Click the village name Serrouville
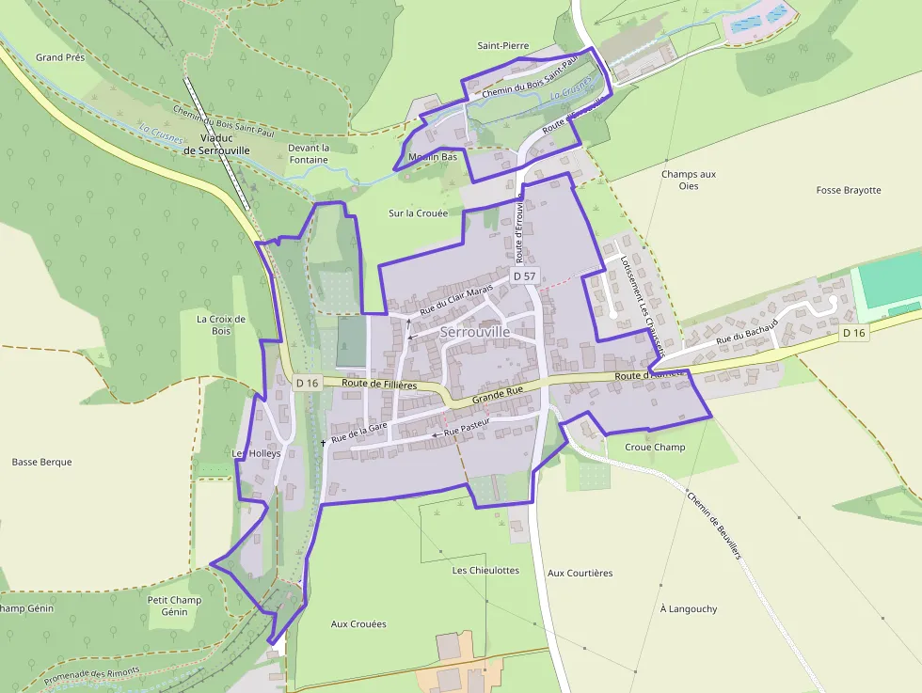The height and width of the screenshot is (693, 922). tap(475, 332)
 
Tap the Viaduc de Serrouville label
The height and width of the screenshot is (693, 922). tap(216, 144)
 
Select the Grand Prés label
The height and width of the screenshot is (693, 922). tap(60, 57)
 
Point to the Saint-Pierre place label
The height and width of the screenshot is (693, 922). tap(503, 45)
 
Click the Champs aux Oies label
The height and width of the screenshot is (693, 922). tap(689, 180)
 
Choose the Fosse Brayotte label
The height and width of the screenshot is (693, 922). tap(849, 190)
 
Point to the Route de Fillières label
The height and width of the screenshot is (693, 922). tap(379, 384)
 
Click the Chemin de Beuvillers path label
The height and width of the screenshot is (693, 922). tap(714, 526)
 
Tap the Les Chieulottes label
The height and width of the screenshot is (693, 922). tap(485, 570)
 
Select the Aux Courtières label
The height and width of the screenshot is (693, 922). tap(580, 573)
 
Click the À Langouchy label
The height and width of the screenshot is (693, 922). tap(689, 608)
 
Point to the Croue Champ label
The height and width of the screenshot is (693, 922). tap(655, 447)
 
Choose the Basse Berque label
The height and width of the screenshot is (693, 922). tap(42, 462)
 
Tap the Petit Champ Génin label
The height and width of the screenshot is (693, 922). tap(174, 606)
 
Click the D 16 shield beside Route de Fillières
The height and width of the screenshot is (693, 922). tap(308, 383)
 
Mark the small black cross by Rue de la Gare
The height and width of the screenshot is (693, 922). tap(323, 442)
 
